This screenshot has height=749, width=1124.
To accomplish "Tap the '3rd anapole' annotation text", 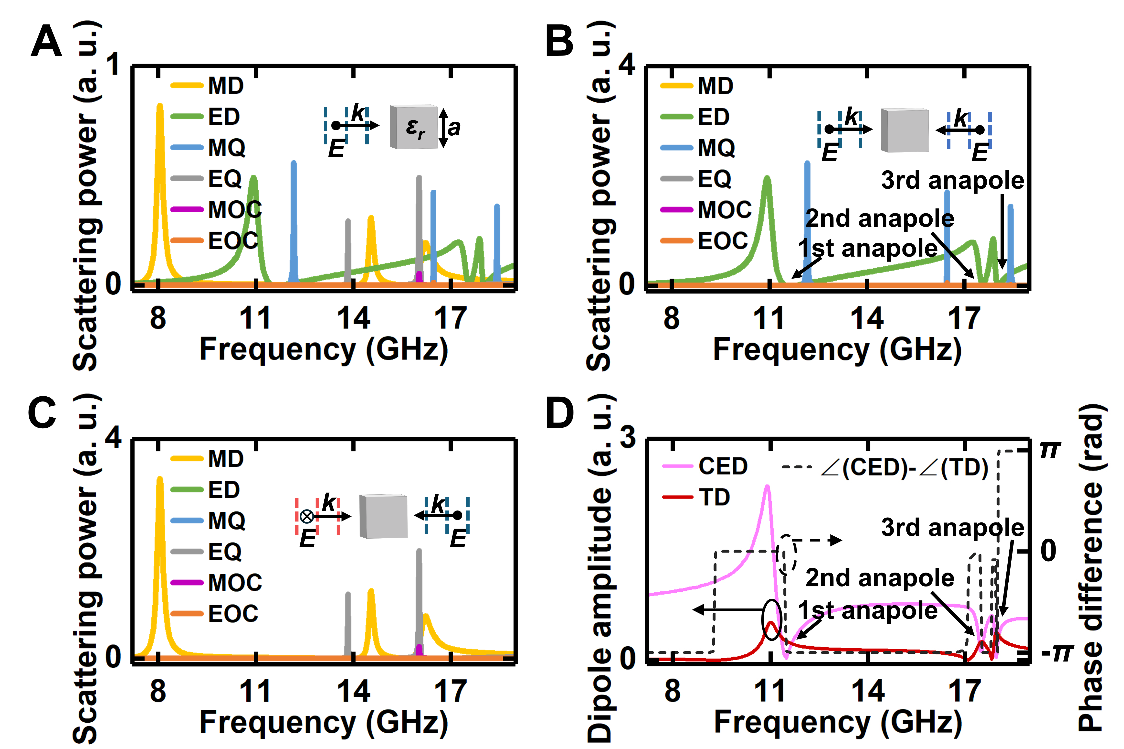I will (952, 527).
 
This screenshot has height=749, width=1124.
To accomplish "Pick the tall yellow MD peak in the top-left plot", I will (160, 110).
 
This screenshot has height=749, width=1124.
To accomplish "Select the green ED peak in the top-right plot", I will (767, 182).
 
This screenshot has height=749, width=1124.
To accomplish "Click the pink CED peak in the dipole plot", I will (767, 490).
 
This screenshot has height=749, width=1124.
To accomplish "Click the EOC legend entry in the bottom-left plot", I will (234, 613).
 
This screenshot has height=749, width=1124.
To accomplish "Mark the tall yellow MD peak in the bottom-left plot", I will (160, 482).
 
